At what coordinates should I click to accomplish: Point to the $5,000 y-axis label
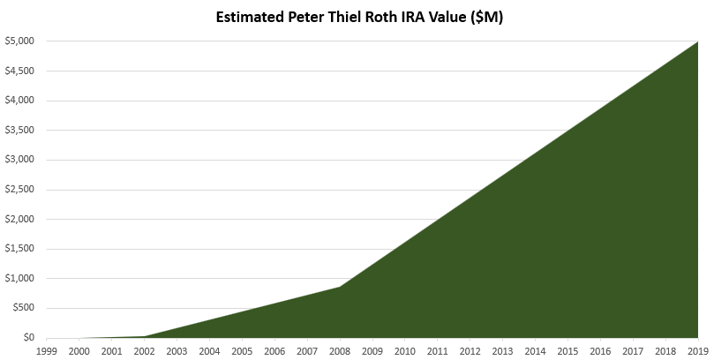tap(19, 41)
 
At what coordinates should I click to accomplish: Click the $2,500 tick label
tap(19, 190)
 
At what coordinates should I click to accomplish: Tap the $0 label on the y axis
tap(29, 338)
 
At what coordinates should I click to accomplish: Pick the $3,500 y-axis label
tap(19, 131)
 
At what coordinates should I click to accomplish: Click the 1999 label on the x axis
tap(47, 351)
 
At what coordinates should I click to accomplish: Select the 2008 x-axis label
tap(340, 351)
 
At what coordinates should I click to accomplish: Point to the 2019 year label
tap(698, 351)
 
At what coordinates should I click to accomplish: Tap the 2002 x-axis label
tap(145, 351)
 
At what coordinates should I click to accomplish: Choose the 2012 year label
tap(470, 351)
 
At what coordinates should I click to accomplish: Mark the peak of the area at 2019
tap(698, 41)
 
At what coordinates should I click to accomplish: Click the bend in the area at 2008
tap(340, 287)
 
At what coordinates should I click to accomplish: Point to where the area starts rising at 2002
tap(145, 336)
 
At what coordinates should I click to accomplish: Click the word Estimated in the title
tap(250, 17)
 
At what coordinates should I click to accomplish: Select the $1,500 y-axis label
tap(19, 249)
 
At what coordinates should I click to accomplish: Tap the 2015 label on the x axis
tap(567, 351)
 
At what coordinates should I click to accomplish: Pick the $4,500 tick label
tap(19, 71)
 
